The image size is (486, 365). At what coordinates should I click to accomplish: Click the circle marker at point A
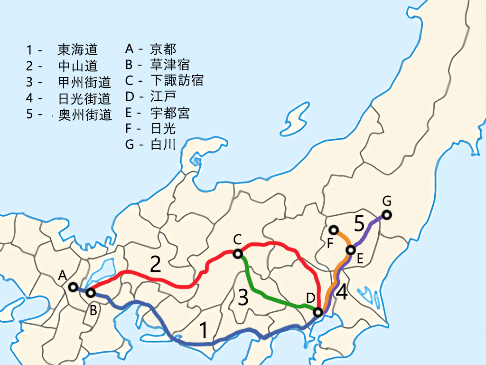[x=73, y=287]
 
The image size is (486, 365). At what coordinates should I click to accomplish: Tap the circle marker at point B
[x=90, y=293]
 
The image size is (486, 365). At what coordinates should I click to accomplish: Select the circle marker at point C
[x=238, y=254]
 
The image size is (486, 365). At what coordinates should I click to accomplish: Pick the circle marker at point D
[x=318, y=312]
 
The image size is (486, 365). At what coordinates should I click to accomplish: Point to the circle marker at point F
[x=333, y=229]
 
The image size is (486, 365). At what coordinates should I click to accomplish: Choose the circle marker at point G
[x=387, y=215]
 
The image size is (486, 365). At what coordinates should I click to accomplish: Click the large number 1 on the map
[x=203, y=330]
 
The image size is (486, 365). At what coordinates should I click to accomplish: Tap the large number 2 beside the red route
[x=155, y=264]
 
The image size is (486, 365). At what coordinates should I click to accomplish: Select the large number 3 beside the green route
[x=243, y=298]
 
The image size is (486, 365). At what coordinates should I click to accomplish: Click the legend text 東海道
[x=77, y=49]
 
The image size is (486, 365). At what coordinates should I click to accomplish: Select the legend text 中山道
[x=77, y=66]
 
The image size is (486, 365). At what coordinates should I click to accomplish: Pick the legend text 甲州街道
[x=84, y=82]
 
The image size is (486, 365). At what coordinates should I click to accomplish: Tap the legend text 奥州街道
[x=84, y=115]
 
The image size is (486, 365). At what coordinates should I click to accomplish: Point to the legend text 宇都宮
[x=169, y=113]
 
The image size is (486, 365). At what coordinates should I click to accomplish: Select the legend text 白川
[x=163, y=144]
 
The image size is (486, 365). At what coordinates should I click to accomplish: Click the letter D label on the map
[x=310, y=298]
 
